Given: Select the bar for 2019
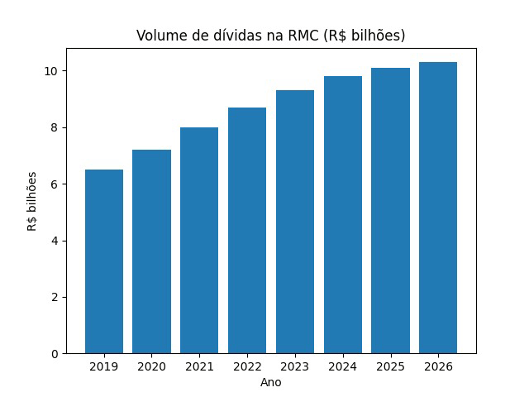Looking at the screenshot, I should coord(104,261).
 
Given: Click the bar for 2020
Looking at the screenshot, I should coord(152,251).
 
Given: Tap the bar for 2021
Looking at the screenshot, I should coord(199,240).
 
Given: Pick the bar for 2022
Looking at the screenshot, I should coord(247,230).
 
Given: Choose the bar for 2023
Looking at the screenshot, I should coord(295,222).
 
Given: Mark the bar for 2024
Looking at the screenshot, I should coord(343,215).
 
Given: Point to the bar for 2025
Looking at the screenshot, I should coord(390,210).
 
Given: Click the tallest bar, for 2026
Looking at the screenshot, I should coord(438,208).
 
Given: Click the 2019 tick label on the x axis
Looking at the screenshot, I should coord(104,366).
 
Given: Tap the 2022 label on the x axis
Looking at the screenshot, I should coord(247,366).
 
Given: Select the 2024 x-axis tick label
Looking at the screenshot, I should coord(343,366).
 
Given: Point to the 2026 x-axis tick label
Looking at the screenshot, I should coord(438,366).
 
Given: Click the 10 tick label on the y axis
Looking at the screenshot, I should coord(51,71).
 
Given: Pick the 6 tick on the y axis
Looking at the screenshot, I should coord(55,184).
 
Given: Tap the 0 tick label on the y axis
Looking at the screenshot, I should coord(55,354).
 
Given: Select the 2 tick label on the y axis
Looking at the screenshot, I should coord(55,298).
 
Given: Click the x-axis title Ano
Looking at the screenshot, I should coord(271,382).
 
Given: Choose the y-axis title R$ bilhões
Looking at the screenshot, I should coord(33,201).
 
